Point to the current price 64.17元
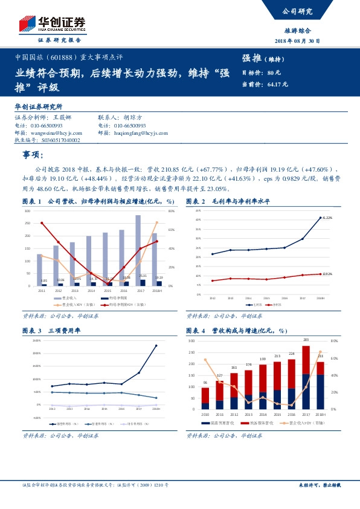tap(278, 84)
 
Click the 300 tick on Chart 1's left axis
tap(28, 211)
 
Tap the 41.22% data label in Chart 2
tap(327, 218)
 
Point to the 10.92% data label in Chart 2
tap(327, 274)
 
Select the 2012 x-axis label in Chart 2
tap(213, 298)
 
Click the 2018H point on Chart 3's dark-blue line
tap(156, 346)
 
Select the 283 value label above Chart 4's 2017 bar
tap(306, 340)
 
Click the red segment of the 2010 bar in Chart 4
tap(205, 396)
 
